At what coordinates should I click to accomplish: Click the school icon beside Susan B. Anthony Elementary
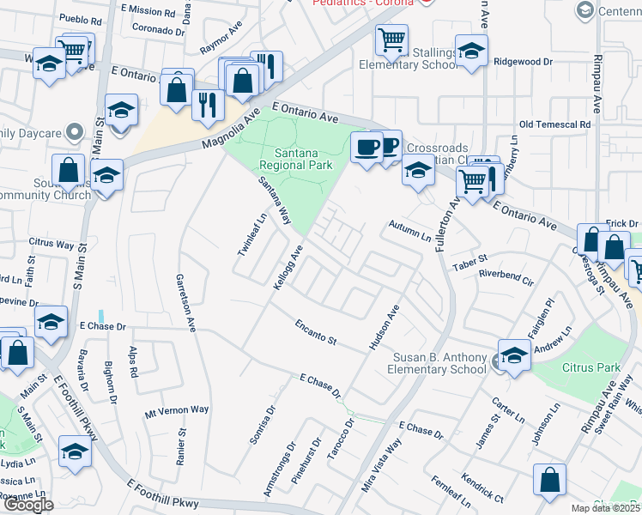coord(513,354)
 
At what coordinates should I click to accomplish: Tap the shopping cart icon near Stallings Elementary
coord(391,39)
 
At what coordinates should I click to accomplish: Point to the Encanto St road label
coord(315,333)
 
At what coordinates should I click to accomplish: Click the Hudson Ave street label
coord(385,326)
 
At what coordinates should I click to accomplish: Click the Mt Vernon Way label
coord(177,410)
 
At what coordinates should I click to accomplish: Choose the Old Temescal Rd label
coord(555,124)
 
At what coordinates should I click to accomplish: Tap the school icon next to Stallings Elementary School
coord(471,51)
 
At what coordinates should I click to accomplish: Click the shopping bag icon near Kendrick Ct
coord(549,481)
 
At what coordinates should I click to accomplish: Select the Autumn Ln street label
coord(409,230)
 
